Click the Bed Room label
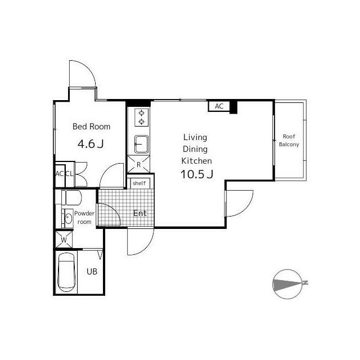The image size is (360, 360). pos(91,127)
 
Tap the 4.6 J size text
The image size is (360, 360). pos(91,144)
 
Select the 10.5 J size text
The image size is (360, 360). pos(197,174)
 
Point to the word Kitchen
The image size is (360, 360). pos(196,161)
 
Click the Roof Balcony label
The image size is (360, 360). pos(289,140)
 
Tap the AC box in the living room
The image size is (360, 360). pos(219,106)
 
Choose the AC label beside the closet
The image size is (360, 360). pos(59,174)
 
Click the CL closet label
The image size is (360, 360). pos(69,174)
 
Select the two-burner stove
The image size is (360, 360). pos(142,117)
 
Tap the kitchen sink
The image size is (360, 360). pos(141,144)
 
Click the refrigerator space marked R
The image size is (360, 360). pos(138,164)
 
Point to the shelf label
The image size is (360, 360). pos(139,183)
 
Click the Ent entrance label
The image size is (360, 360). pos(140,213)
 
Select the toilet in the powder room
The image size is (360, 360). pos(71,197)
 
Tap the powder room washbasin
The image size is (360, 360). pos(68,218)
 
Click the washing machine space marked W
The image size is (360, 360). pos(64,240)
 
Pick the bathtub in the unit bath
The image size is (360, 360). pos(66,272)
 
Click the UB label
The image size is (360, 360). pos(92,272)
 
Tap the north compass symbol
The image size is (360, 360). pos(288,283)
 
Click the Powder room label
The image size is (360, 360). pos(84,218)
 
